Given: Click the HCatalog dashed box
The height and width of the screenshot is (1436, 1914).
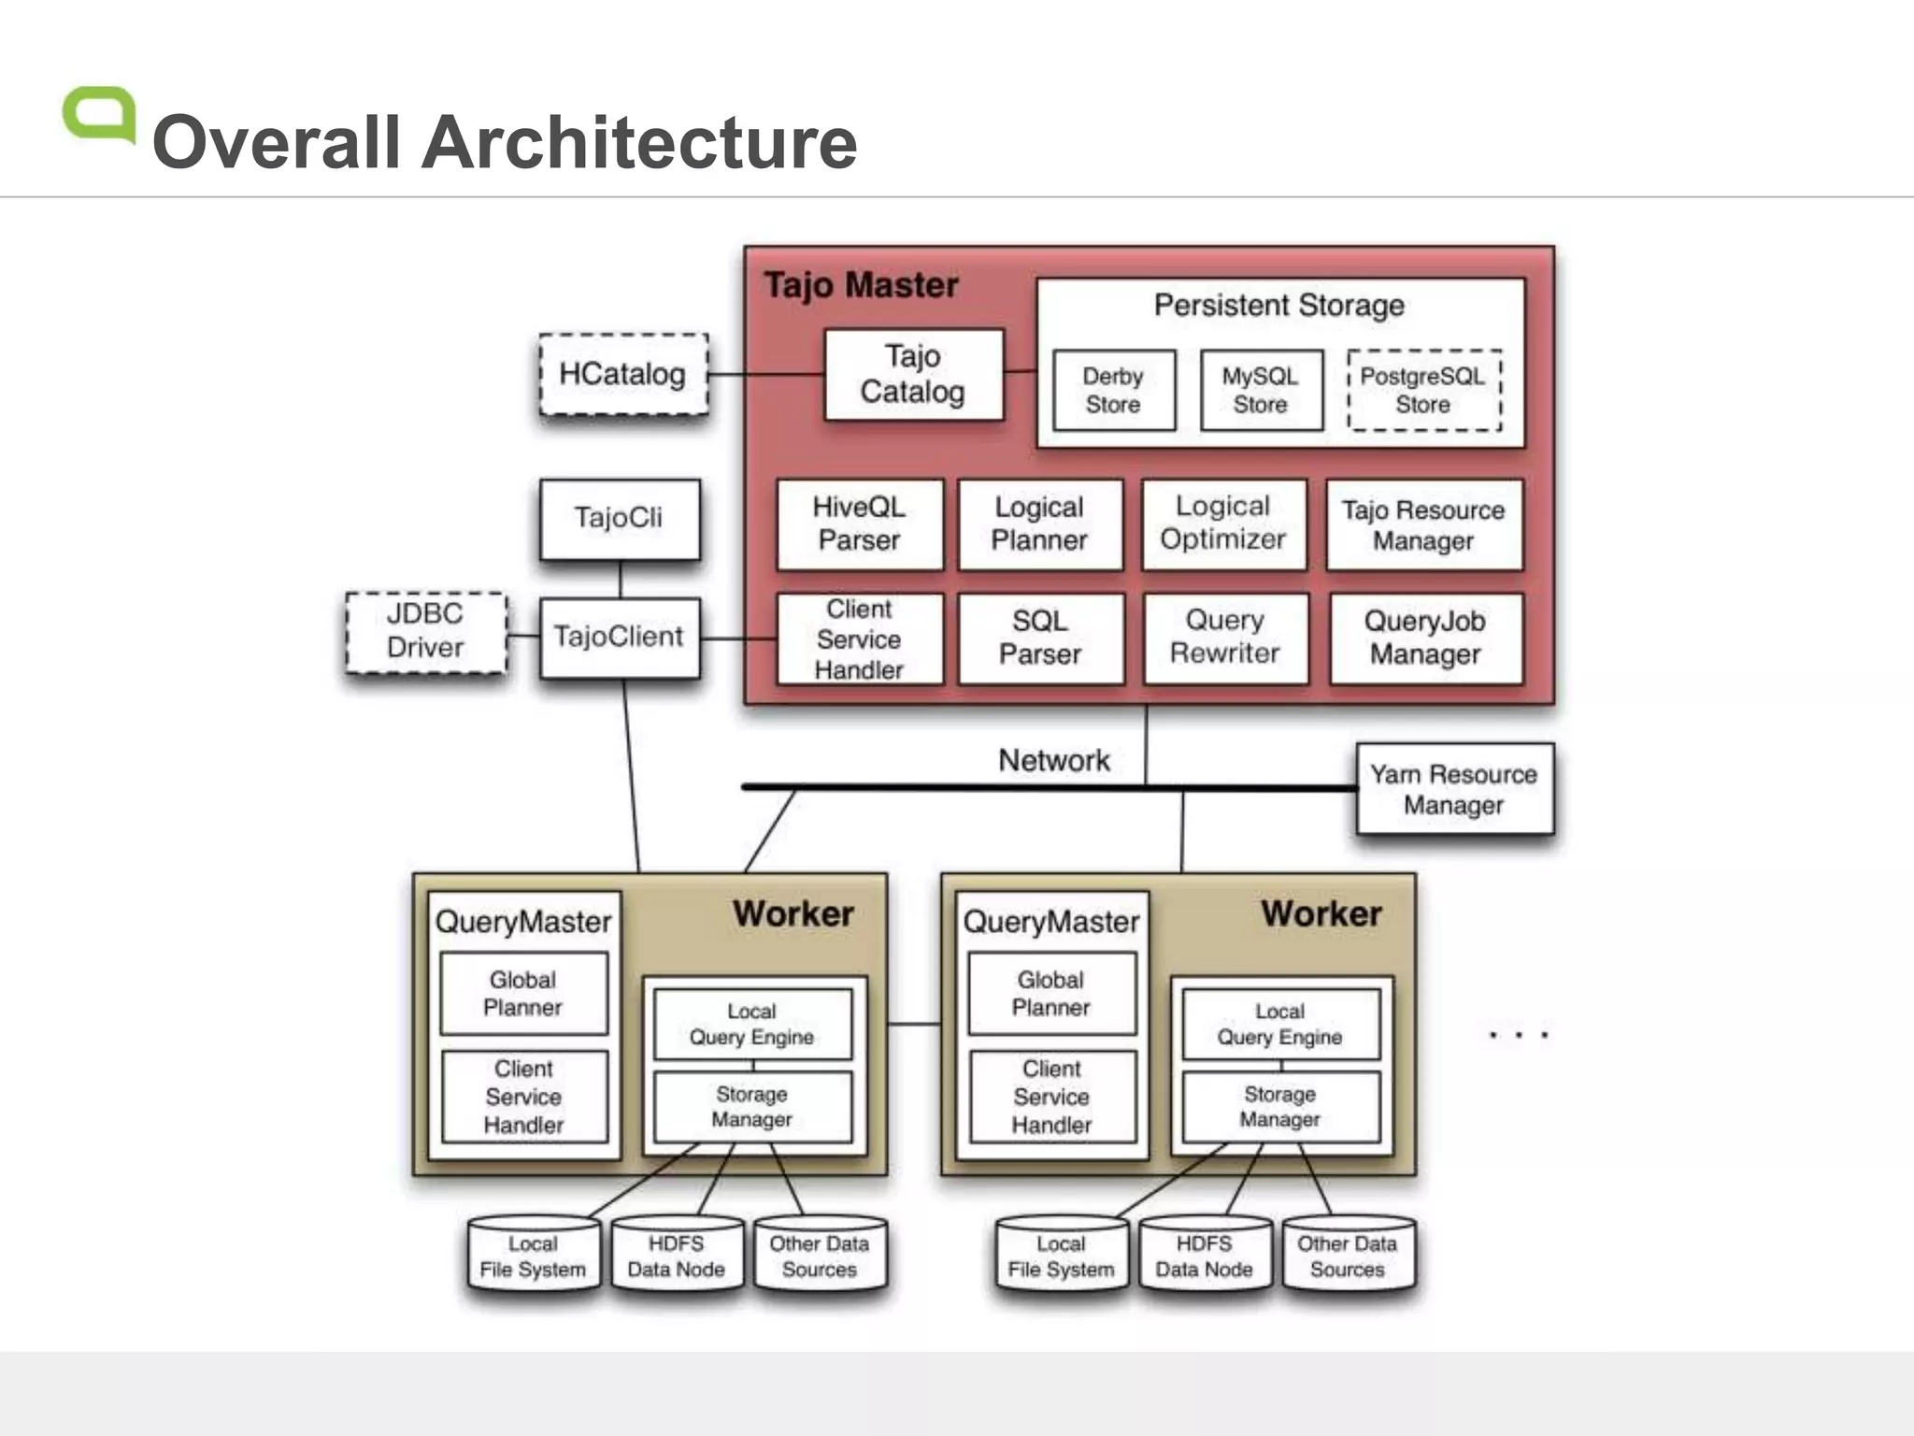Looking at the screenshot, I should click(x=623, y=374).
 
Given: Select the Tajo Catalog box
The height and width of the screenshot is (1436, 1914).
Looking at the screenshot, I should click(x=913, y=374).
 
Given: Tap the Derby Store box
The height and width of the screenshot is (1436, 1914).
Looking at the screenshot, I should click(x=1113, y=391).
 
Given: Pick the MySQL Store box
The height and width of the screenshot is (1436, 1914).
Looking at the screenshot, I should click(x=1261, y=391).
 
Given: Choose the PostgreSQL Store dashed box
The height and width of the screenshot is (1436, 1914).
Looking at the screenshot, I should click(x=1423, y=391).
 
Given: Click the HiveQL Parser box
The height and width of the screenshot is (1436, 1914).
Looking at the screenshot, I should click(x=859, y=524).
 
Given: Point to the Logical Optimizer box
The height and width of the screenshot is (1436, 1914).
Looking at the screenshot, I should click(x=1223, y=524).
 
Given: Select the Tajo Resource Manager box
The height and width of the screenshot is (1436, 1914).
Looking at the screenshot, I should click(x=1423, y=524).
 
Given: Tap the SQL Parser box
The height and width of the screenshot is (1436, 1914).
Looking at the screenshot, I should click(x=1040, y=639).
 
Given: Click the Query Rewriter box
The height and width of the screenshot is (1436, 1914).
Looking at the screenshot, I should click(x=1225, y=638).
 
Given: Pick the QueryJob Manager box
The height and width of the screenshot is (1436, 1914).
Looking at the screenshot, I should click(x=1425, y=639).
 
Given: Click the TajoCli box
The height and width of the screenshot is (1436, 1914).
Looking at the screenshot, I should click(x=619, y=519).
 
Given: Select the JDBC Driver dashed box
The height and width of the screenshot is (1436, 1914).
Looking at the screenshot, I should click(x=426, y=632).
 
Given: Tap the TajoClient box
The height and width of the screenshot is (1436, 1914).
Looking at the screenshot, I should click(x=619, y=638).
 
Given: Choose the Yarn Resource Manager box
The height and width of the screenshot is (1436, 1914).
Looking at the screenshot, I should click(x=1454, y=789).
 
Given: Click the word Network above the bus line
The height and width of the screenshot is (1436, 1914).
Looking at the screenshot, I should click(x=1054, y=760).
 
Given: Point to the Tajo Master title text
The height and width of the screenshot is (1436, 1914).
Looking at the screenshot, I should click(x=861, y=285).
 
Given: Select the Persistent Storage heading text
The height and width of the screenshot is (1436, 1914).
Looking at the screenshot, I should click(x=1279, y=305).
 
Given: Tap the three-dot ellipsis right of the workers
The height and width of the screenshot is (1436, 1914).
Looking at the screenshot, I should click(x=1518, y=1035).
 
